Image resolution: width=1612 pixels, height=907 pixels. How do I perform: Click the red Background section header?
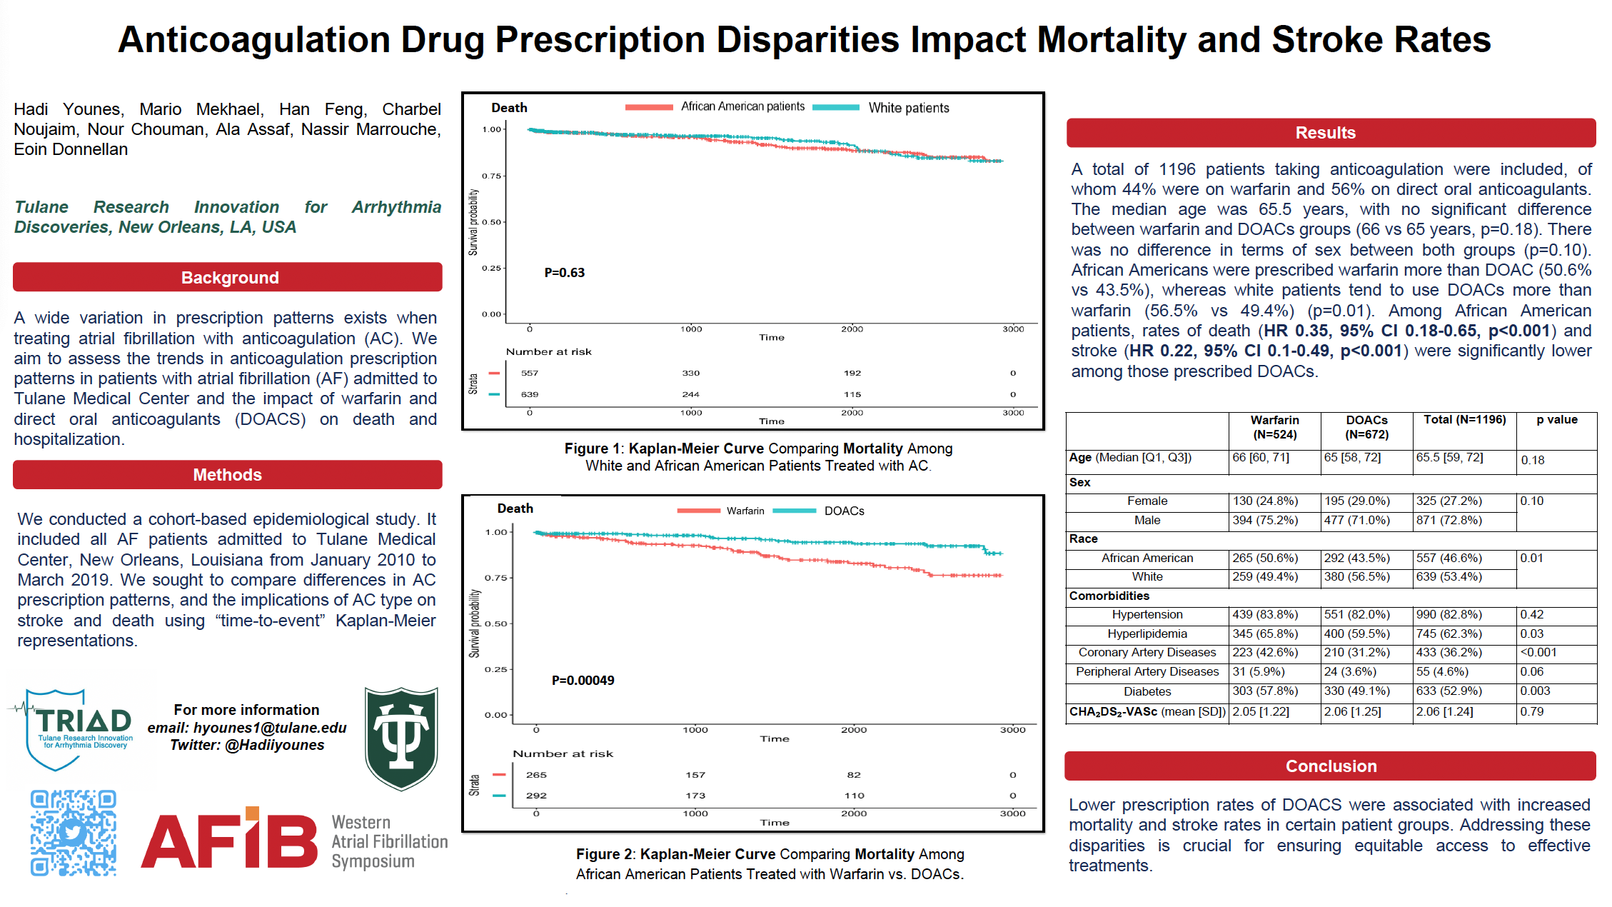(x=228, y=277)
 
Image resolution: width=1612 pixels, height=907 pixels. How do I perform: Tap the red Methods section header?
(x=228, y=475)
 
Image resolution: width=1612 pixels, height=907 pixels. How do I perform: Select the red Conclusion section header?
(x=1330, y=766)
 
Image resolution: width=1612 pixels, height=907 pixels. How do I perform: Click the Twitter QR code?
(x=74, y=833)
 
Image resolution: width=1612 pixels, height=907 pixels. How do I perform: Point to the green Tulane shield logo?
(x=401, y=738)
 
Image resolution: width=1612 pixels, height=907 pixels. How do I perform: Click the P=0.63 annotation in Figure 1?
(x=564, y=273)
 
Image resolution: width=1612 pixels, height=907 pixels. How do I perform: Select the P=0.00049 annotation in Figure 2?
(x=583, y=681)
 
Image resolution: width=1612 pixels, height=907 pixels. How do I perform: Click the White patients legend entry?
(x=908, y=108)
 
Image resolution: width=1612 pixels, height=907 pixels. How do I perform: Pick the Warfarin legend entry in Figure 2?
(x=745, y=511)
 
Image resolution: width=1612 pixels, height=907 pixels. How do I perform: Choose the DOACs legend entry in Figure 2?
(x=844, y=511)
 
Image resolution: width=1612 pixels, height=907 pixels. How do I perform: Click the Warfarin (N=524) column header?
(x=1274, y=427)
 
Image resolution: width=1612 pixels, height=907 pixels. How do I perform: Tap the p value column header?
(x=1556, y=420)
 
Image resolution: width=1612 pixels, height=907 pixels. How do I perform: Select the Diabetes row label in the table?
(x=1147, y=691)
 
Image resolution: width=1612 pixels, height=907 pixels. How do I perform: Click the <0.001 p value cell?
(x=1538, y=652)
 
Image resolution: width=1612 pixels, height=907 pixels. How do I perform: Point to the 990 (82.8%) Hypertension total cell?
(x=1449, y=614)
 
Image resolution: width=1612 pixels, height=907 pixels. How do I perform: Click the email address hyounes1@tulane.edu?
(x=270, y=728)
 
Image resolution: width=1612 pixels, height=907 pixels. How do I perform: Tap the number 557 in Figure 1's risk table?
(x=530, y=373)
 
